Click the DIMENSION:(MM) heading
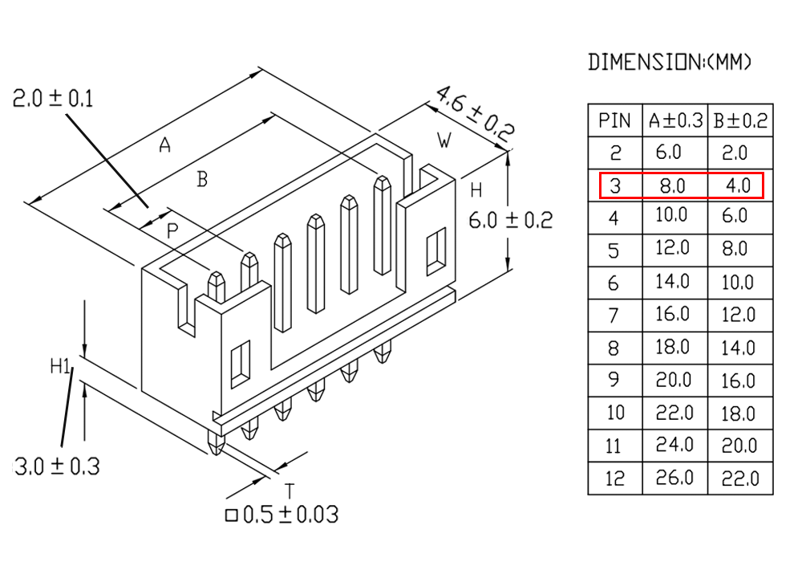[x=670, y=62]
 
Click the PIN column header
[x=614, y=120]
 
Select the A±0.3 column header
[x=675, y=120]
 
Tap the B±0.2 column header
[x=740, y=120]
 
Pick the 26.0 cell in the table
[x=674, y=478]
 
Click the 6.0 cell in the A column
[x=669, y=153]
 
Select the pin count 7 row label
[x=614, y=316]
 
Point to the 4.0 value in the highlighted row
[x=738, y=185]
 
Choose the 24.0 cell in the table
[x=674, y=446]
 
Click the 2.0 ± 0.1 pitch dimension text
[x=53, y=98]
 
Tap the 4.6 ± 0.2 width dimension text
[x=474, y=114]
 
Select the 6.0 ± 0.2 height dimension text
[x=510, y=221]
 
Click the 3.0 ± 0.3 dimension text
[x=57, y=466]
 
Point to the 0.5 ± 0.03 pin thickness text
[x=282, y=515]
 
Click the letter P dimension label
[x=172, y=231]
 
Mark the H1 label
[x=61, y=366]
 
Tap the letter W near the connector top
[x=444, y=140]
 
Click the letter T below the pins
[x=290, y=491]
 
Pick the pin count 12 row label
[x=614, y=479]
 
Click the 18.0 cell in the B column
[x=738, y=413]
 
